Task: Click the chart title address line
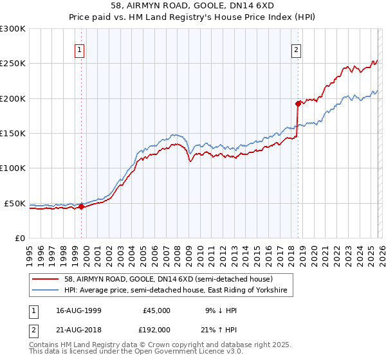pos(192,6)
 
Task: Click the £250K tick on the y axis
pos(13,64)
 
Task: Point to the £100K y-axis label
pos(13,168)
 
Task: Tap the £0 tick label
pos(19,238)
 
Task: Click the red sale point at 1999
pos(81,206)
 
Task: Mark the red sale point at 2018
pos(298,104)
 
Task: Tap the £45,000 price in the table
pos(156,310)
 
